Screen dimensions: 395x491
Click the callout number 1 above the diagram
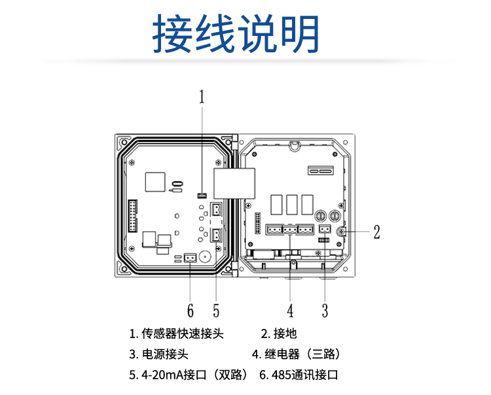point(202,97)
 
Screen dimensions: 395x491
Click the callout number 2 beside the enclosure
point(376,232)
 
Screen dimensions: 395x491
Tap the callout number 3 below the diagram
point(325,309)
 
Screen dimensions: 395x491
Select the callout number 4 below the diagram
point(289,309)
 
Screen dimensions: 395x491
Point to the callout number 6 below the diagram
point(190,309)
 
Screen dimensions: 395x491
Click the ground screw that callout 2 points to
point(341,232)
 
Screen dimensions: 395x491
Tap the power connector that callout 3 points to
point(325,229)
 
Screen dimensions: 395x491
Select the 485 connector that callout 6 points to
point(190,257)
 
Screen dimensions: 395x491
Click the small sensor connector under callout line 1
point(202,195)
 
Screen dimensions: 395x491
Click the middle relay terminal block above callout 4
point(289,229)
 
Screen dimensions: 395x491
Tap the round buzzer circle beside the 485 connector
point(206,256)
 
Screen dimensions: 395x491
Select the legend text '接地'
point(285,334)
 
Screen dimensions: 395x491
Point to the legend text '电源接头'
point(165,354)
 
